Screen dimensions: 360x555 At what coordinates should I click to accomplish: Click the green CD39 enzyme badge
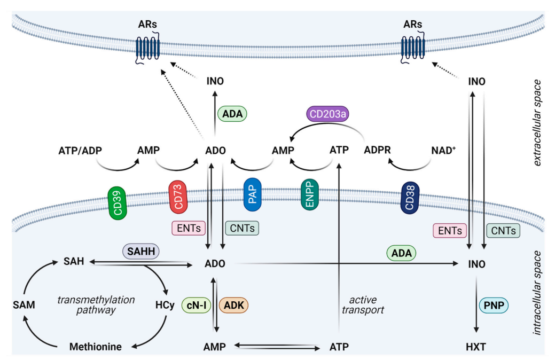coord(116,203)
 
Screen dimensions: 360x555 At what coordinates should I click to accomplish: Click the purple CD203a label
coord(325,114)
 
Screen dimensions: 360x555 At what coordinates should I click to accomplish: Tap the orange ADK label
coord(234,305)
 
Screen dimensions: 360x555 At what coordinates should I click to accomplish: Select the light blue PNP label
coord(494,306)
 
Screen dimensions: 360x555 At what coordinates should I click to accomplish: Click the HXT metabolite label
coord(475,347)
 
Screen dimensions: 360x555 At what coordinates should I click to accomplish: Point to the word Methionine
coord(96,347)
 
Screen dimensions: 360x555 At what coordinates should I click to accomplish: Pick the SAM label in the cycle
coord(24,305)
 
